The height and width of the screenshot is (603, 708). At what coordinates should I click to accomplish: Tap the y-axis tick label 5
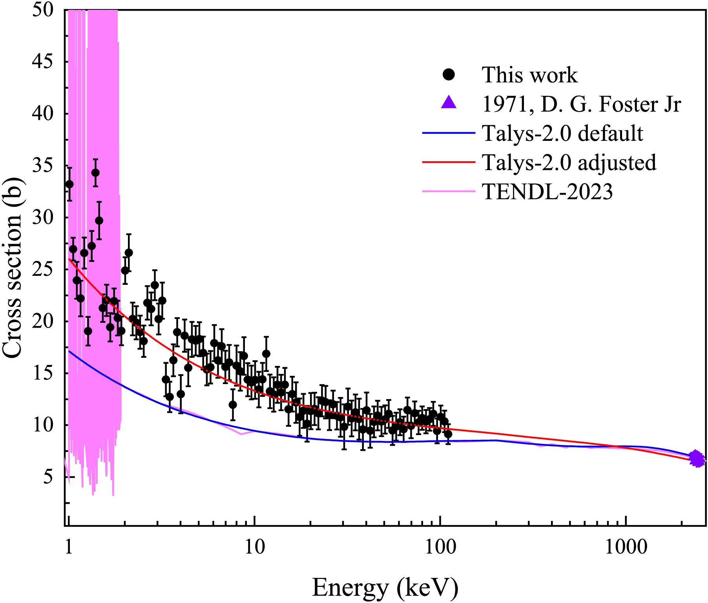47,477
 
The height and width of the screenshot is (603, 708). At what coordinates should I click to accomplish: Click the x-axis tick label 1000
626,547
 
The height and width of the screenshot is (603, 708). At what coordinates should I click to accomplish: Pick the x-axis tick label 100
440,547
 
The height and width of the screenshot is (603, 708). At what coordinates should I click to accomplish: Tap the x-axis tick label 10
255,547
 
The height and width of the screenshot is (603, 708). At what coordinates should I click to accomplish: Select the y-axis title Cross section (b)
13,268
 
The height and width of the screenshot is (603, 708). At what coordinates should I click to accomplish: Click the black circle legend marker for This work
449,75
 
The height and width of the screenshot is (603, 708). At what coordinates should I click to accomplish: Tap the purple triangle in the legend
449,103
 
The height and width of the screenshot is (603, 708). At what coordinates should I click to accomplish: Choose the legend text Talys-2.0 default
562,133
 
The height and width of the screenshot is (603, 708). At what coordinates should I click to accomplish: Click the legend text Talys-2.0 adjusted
569,162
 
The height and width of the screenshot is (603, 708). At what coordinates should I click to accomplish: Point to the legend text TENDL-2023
547,192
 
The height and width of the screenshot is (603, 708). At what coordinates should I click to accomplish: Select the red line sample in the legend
449,162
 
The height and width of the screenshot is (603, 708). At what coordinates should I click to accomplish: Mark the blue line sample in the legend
449,133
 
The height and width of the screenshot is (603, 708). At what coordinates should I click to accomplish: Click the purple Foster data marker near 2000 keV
697,459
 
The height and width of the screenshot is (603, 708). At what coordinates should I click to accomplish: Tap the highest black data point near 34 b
95,173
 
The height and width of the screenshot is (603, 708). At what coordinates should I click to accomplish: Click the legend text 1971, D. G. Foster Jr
581,104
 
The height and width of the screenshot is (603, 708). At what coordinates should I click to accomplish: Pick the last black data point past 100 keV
448,434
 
